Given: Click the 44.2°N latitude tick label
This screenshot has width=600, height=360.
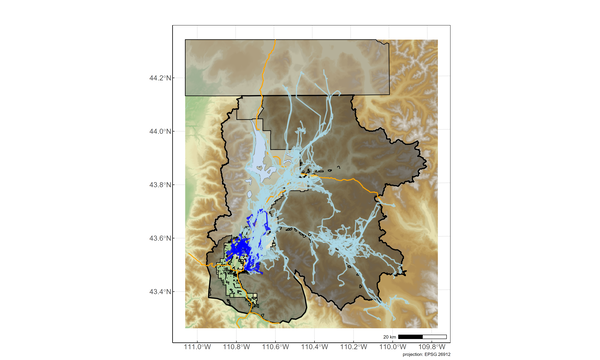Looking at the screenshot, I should [162, 77].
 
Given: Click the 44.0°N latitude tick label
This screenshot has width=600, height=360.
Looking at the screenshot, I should [162, 131].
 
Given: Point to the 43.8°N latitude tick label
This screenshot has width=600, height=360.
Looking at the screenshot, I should [162, 185].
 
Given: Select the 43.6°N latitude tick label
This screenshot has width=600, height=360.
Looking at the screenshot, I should [162, 238].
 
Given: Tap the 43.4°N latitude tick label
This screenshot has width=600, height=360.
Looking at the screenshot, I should [162, 292].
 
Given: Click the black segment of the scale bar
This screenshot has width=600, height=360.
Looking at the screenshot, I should [411, 335].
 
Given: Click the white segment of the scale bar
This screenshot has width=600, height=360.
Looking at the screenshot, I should [434, 335].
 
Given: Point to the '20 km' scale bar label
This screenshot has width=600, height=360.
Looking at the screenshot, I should [390, 335].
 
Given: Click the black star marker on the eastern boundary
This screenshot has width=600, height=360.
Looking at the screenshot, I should [404, 272].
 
